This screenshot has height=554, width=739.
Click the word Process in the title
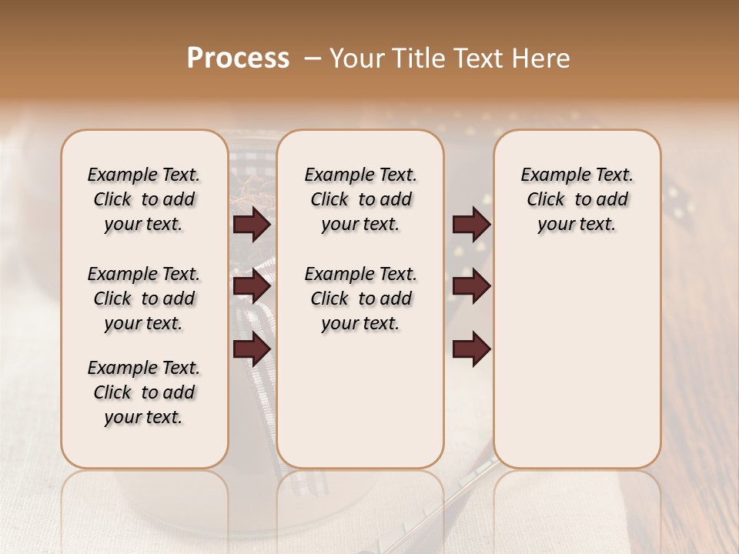238,58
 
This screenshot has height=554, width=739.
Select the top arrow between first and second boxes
252,225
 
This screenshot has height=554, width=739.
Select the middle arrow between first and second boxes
252,287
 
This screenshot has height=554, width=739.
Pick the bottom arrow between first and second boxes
252,349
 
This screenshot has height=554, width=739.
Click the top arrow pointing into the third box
471,225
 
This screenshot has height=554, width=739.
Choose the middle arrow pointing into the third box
471,287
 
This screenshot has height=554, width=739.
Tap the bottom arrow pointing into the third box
471,349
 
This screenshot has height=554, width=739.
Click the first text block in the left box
144,199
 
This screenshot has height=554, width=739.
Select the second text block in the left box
144,299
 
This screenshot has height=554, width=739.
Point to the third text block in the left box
144,392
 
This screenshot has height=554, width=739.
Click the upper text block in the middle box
360,199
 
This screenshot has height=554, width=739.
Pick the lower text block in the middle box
360,299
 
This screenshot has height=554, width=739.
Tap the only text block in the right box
577,199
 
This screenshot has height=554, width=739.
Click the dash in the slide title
313,58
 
